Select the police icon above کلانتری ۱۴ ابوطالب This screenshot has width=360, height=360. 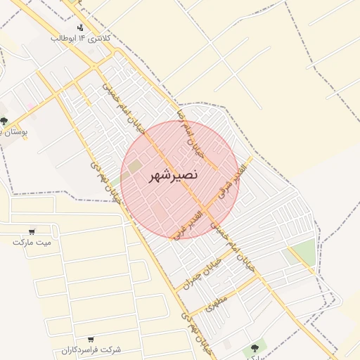pyautogui.click(x=81, y=27)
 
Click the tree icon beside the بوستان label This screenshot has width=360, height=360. pyautogui.click(x=5, y=121)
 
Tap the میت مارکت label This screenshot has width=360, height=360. pyautogui.click(x=32, y=242)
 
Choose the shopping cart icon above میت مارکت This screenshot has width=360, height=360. pyautogui.click(x=32, y=231)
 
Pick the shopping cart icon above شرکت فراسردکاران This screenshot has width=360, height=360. pyautogui.click(x=91, y=339)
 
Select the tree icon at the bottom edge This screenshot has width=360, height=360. pyautogui.click(x=254, y=349)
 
